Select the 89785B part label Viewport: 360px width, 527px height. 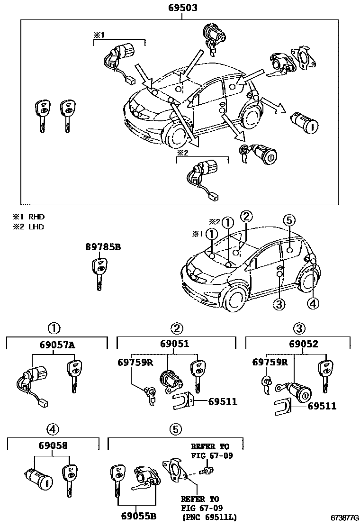[x=103, y=247]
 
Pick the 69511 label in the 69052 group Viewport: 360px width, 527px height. [x=322, y=406]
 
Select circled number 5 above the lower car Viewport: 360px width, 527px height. [x=289, y=220]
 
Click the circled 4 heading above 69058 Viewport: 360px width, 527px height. [x=53, y=429]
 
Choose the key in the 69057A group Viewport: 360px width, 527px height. [x=74, y=374]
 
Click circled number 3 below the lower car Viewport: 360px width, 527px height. [x=279, y=304]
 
